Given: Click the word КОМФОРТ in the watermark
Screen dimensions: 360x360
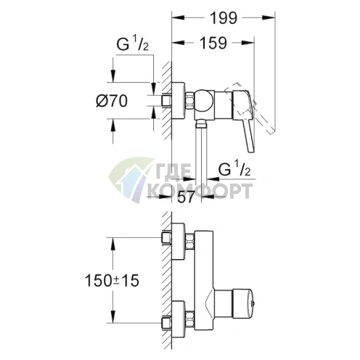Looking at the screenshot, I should pos(200,191).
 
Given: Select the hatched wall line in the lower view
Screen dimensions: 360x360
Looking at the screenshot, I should pos(165,280).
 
